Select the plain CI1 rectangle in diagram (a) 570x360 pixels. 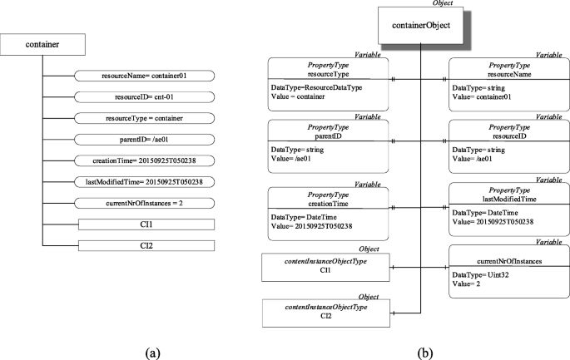coord(146,224)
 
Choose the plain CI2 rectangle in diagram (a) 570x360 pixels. coord(146,245)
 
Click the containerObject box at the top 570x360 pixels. coord(421,26)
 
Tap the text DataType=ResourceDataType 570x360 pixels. coord(313,86)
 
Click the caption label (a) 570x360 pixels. coord(152,353)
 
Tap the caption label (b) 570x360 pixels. coord(425,353)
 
